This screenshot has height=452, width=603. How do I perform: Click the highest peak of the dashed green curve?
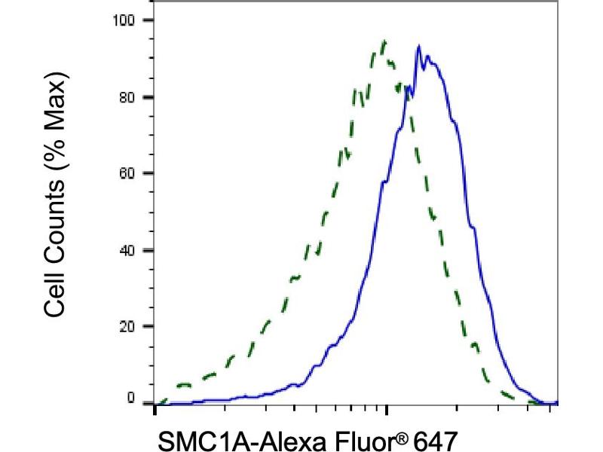click(384, 41)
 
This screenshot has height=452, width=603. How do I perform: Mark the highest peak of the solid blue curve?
click(418, 46)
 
